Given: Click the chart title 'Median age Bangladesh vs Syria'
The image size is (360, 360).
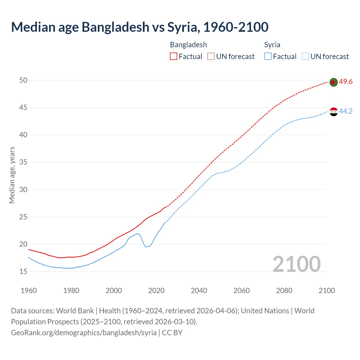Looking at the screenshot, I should point(140,27).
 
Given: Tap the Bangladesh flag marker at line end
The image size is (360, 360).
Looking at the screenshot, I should point(333,82).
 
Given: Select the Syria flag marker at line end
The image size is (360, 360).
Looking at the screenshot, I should point(333,112).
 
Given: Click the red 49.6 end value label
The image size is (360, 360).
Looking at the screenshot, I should point(346,82).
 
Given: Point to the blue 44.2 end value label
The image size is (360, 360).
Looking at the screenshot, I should point(346,111).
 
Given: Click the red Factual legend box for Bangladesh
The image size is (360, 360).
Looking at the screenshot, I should point(174,57).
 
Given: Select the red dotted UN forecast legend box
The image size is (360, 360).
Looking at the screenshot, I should point(211,57).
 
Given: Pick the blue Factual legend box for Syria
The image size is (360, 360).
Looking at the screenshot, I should point(268,57).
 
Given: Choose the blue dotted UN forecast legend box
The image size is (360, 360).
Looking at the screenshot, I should point(305,57).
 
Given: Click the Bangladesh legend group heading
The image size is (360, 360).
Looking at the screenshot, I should point(188,45).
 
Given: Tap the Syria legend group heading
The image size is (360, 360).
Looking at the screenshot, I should point(272,45).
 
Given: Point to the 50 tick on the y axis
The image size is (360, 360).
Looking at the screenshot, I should point(23,80).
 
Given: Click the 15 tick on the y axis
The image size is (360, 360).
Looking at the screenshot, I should point(23,272).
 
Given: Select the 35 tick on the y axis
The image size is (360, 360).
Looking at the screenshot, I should point(23,162).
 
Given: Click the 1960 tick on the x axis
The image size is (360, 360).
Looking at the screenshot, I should point(29,291).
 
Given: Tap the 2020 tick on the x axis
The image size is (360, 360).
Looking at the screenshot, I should point(156,291).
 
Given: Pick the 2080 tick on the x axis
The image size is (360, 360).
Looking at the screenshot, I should point(284,291).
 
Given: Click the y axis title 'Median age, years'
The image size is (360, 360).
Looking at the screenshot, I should point(12,175).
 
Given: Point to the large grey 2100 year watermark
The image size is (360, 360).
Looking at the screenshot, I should point(296,264).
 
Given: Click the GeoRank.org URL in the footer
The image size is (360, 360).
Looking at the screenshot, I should point(84,333).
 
